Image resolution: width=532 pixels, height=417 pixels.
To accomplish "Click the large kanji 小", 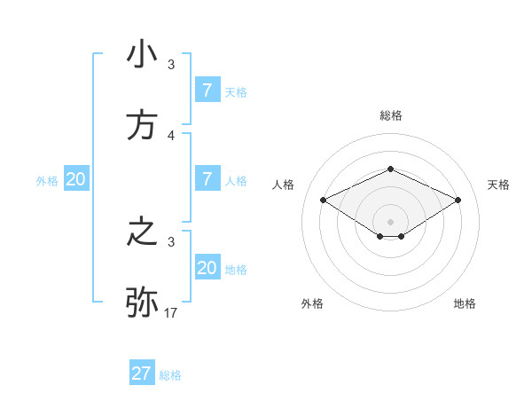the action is (x=143, y=55).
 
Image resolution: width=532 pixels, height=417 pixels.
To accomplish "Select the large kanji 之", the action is (x=143, y=232).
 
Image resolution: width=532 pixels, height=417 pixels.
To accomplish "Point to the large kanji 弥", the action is (x=143, y=303).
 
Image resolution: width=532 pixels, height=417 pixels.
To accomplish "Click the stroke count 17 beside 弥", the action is (x=171, y=312).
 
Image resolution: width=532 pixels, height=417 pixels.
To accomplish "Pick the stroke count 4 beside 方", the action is (x=171, y=135).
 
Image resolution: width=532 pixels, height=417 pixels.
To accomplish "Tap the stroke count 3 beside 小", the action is (x=171, y=65).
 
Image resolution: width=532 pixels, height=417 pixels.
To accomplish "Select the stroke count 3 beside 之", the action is (x=171, y=241).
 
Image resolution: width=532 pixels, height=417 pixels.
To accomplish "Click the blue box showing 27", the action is (x=142, y=374).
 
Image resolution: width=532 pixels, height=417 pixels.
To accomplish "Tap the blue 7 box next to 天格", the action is (x=207, y=90).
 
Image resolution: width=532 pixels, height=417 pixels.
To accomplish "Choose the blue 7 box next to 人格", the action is (x=207, y=178).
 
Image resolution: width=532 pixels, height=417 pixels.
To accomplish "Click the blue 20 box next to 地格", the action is (x=207, y=267).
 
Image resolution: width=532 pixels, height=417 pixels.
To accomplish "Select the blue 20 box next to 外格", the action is (x=76, y=178).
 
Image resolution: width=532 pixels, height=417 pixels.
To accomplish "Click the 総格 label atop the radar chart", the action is (x=390, y=115).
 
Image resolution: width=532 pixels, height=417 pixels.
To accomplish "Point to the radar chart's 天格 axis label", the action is (x=499, y=185).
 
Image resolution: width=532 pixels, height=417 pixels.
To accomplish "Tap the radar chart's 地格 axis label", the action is (x=465, y=303).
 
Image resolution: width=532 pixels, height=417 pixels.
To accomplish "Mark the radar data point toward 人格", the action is (x=324, y=201).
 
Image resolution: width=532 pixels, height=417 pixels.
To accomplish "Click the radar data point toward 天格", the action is (x=458, y=201).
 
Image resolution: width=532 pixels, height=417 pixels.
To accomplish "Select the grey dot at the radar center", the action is (x=390, y=221).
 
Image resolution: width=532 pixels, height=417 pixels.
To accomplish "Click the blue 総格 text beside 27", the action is (x=171, y=375).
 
